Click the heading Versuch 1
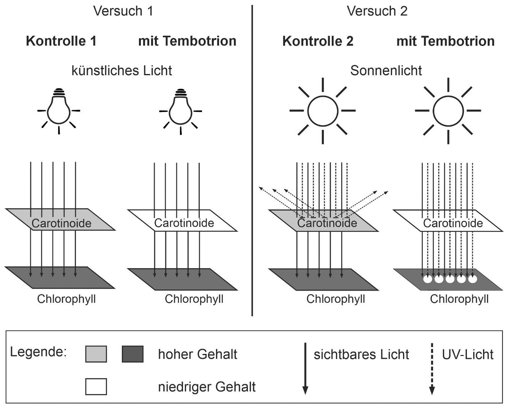tap(123, 11)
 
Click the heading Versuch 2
tap(377, 11)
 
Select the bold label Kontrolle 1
tap(61, 41)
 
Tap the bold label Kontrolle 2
tap(318, 41)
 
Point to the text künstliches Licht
tap(122, 71)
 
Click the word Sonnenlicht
tap(386, 71)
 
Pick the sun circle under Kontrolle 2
tap(323, 111)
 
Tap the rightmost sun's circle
tap(448, 111)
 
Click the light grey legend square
tap(96, 354)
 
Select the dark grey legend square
tap(133, 354)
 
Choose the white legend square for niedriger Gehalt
tap(96, 386)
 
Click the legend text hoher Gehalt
tap(197, 354)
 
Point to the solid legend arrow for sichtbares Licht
tap(305, 369)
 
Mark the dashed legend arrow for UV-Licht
tap(432, 369)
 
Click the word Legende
tap(38, 352)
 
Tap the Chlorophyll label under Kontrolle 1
tap(66, 299)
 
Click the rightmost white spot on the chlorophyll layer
tap(472, 279)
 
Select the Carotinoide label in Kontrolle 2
tap(327, 223)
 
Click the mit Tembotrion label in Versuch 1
tap(187, 41)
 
